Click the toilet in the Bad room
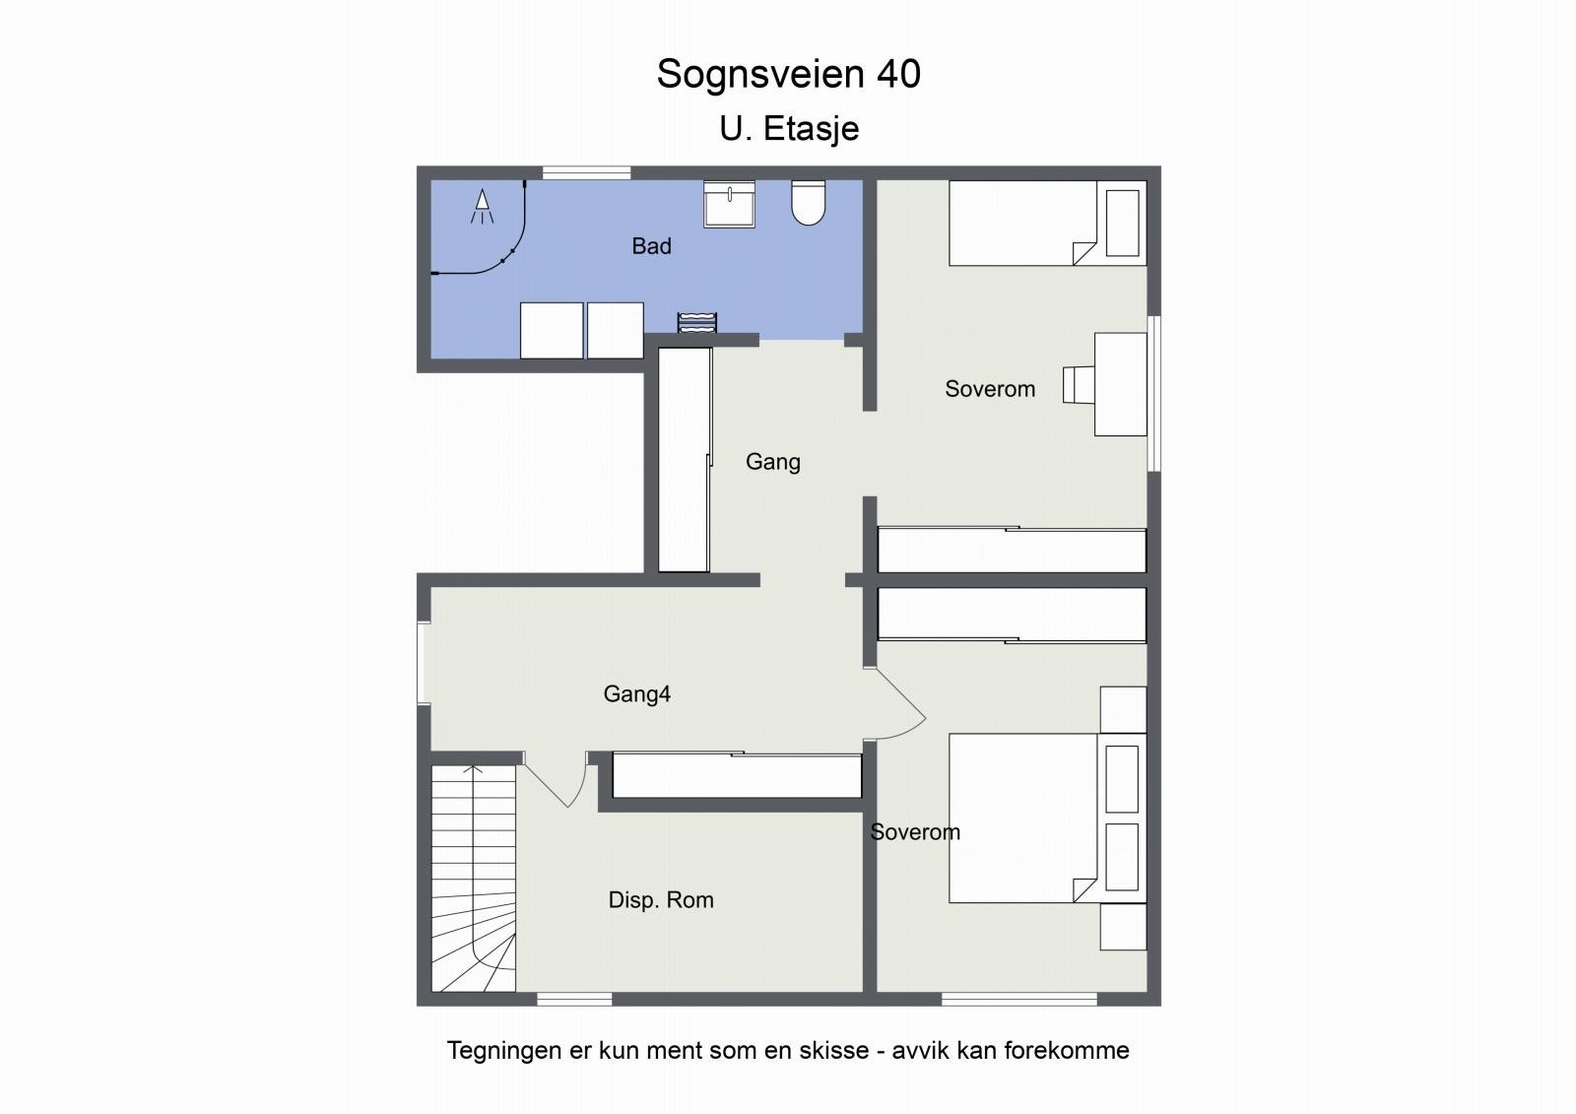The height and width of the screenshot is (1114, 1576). pyautogui.click(x=808, y=203)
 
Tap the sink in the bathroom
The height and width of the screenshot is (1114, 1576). pyautogui.click(x=729, y=206)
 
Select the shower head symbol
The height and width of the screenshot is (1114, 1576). pyautogui.click(x=482, y=206)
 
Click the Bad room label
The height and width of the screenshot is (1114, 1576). pyautogui.click(x=651, y=246)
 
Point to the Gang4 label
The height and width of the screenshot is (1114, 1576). pyautogui.click(x=636, y=694)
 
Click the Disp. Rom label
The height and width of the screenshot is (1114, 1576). pyautogui.click(x=660, y=900)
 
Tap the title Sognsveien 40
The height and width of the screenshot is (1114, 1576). pyautogui.click(x=788, y=74)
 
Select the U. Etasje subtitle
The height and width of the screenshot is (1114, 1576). pyautogui.click(x=789, y=129)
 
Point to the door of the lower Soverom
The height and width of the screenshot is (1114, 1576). pyautogui.click(x=896, y=705)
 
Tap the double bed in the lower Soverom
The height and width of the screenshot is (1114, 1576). pyautogui.click(x=1024, y=818)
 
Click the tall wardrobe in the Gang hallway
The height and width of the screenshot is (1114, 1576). pyautogui.click(x=684, y=460)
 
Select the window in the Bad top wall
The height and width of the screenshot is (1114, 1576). pyautogui.click(x=586, y=172)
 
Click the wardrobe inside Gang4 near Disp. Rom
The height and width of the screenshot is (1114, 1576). pyautogui.click(x=737, y=776)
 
